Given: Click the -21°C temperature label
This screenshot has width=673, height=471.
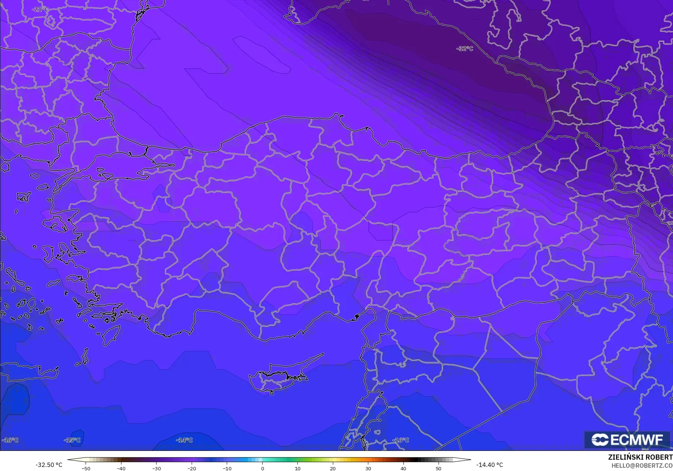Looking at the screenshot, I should click(x=40, y=10).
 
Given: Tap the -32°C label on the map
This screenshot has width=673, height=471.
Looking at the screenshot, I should click(x=465, y=49).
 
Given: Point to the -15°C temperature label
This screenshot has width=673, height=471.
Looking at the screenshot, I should click(x=72, y=440).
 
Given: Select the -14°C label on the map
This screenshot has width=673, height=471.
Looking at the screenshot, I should click(x=184, y=440).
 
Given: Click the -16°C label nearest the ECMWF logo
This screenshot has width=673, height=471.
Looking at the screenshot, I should click(x=401, y=440).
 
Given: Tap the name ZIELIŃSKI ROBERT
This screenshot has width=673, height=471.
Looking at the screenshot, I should click(x=640, y=457).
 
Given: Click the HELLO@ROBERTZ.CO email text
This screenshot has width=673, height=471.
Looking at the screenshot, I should click(x=642, y=466).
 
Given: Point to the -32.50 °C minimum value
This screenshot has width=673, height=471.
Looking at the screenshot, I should click(x=49, y=465).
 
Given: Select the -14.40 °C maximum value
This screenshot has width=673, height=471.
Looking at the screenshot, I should click(x=489, y=465).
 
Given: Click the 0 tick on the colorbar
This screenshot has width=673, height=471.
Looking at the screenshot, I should click(x=262, y=468).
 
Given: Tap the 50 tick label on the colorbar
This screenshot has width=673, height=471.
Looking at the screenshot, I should click(x=438, y=468).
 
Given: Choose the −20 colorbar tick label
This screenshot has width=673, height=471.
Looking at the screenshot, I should click(x=191, y=468).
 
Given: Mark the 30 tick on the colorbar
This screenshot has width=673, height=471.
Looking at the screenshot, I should click(x=368, y=468).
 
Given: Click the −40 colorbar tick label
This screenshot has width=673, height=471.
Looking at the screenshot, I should click(x=121, y=468).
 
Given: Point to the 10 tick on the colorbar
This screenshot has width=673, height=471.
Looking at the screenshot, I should click(x=297, y=468).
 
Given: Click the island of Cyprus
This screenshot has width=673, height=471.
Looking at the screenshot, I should click(x=280, y=375).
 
